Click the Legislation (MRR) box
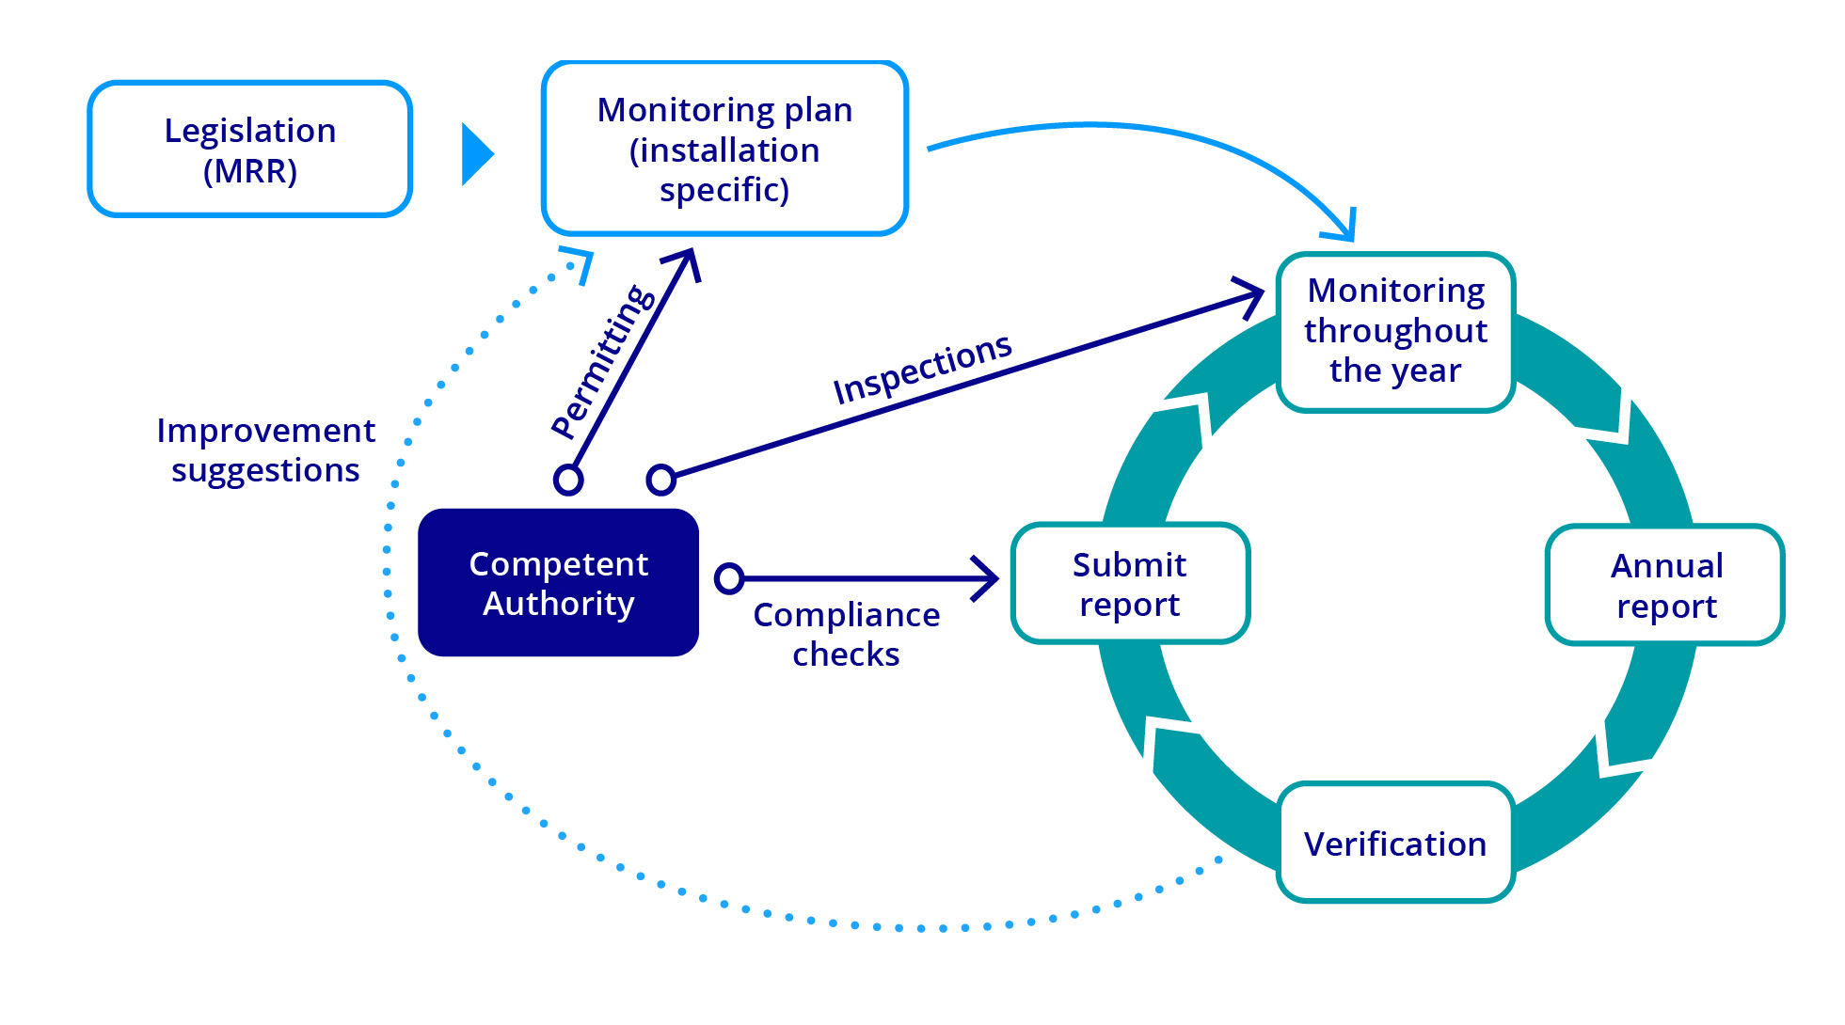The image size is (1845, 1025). tap(249, 150)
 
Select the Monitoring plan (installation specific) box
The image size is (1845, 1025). tap(724, 149)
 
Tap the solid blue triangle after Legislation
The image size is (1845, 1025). tap(476, 154)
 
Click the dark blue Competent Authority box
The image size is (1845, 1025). tap(558, 583)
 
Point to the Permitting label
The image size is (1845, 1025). tap(603, 362)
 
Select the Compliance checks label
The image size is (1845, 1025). tap(846, 634)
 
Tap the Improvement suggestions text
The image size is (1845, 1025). tap(265, 449)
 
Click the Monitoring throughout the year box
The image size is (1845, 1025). tap(1395, 331)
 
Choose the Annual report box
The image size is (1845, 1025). tap(1665, 586)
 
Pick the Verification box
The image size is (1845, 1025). tap(1395, 844)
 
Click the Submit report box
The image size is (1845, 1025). tap(1129, 584)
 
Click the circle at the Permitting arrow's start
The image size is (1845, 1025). tap(568, 480)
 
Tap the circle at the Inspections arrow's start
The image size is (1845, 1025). tap(661, 480)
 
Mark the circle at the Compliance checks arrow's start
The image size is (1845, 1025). tap(729, 578)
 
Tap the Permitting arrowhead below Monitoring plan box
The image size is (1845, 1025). tap(686, 262)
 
